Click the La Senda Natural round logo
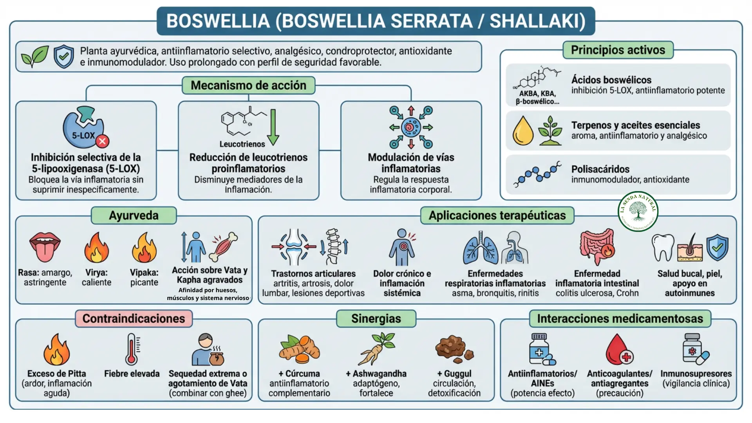click(x=638, y=211)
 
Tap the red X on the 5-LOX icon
click(x=103, y=141)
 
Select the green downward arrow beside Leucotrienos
click(x=273, y=127)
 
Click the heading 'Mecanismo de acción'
click(x=248, y=85)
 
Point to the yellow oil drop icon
click(x=523, y=131)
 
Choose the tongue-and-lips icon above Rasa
click(x=45, y=247)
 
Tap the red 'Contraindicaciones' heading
click(x=134, y=318)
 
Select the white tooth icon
click(x=663, y=248)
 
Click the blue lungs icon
click(x=481, y=248)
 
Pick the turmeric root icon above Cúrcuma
click(x=299, y=349)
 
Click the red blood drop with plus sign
click(x=619, y=349)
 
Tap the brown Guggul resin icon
click(x=454, y=349)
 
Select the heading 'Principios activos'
click(x=618, y=50)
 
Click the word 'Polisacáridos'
click(x=600, y=169)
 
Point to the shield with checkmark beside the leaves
click(x=63, y=56)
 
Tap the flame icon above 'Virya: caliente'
click(x=96, y=248)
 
